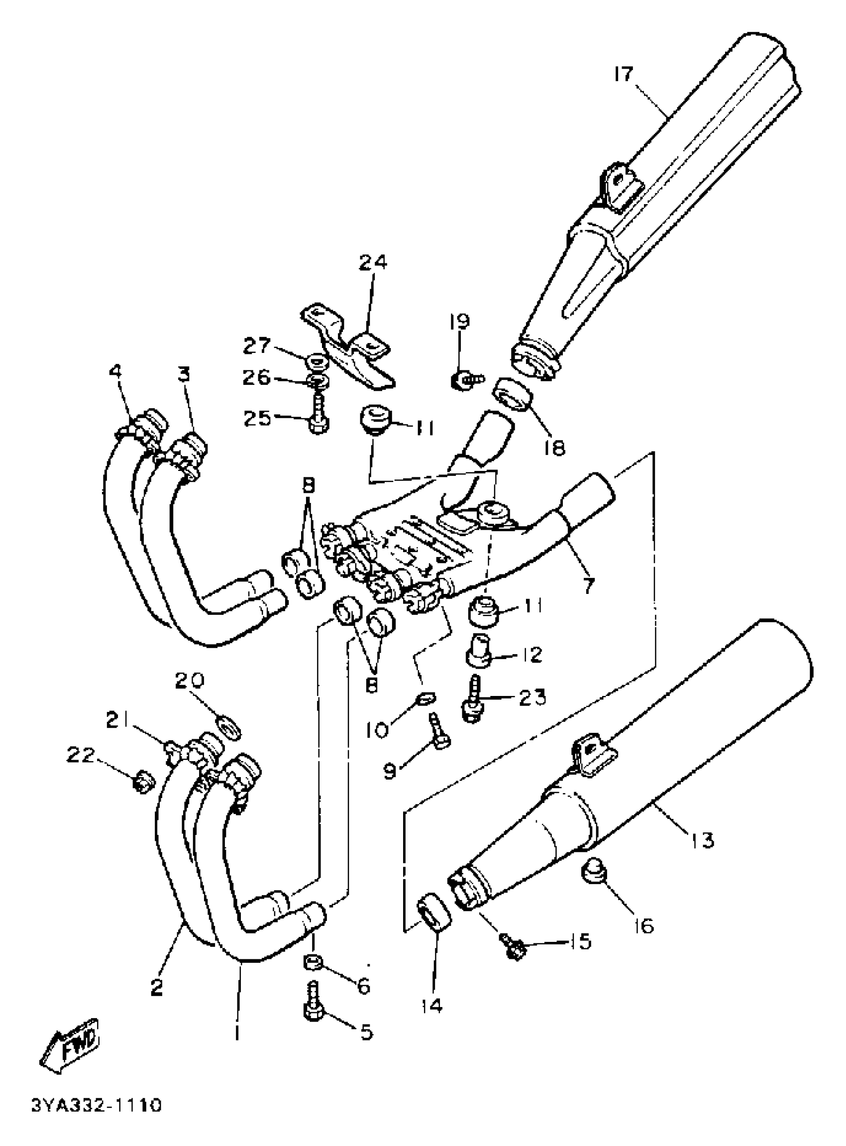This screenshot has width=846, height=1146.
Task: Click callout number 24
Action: coord(373,262)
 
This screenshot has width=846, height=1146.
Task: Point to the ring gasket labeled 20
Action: coord(230,728)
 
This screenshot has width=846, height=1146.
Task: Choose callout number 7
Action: coord(588,585)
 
